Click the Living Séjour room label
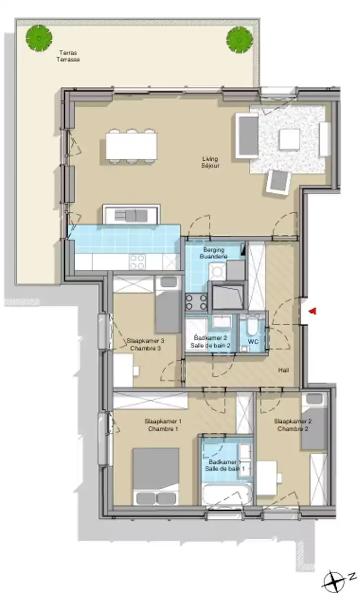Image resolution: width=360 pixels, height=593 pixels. pyautogui.click(x=210, y=162)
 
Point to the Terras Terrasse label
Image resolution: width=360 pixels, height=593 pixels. pyautogui.click(x=68, y=56)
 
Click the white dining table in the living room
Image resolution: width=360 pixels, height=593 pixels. pyautogui.click(x=131, y=146)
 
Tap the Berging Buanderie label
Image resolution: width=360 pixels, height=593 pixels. pyautogui.click(x=214, y=254)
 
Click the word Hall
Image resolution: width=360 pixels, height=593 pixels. pyautogui.click(x=283, y=370)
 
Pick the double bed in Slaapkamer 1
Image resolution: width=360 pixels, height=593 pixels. pyautogui.click(x=156, y=476)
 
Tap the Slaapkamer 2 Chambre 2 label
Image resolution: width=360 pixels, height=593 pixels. pyautogui.click(x=292, y=425)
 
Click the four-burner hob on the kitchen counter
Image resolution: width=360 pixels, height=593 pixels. pyautogui.click(x=137, y=261)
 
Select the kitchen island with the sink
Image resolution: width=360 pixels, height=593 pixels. pyautogui.click(x=132, y=214)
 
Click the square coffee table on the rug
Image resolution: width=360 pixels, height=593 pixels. pyautogui.click(x=289, y=139)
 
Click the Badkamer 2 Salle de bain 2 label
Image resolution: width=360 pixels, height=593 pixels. pyautogui.click(x=211, y=342)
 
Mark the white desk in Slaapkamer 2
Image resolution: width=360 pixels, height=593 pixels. pyautogui.click(x=267, y=477)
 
